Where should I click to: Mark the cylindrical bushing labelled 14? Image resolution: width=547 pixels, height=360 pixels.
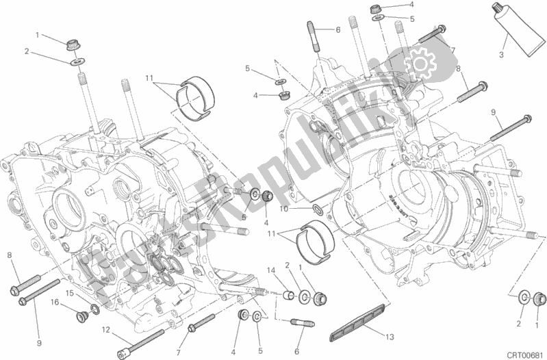pyautogui.click(x=289, y=296)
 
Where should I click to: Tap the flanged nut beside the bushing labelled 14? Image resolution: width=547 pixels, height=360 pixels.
pyautogui.click(x=320, y=298)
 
